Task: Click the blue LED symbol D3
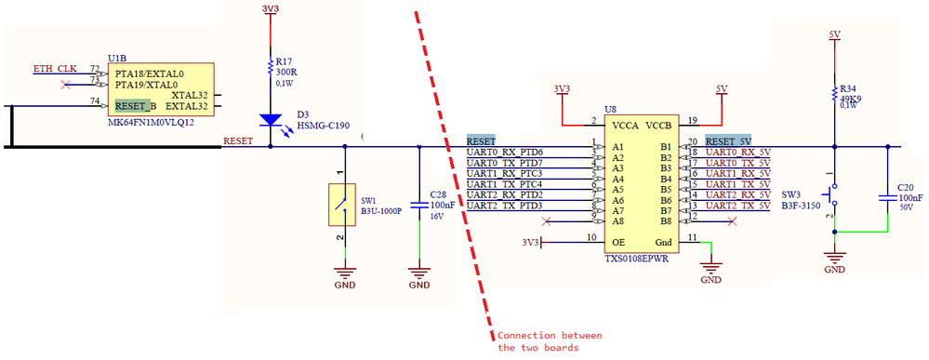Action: tap(270, 119)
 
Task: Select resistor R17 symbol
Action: tap(270, 71)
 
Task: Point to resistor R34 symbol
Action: tap(834, 93)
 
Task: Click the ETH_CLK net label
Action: tap(55, 69)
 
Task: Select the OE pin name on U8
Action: tap(616, 242)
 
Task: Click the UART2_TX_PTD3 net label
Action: tap(504, 205)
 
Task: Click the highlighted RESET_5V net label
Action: tap(728, 140)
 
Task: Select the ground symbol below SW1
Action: tap(345, 275)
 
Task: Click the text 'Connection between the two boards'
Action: tap(550, 341)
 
